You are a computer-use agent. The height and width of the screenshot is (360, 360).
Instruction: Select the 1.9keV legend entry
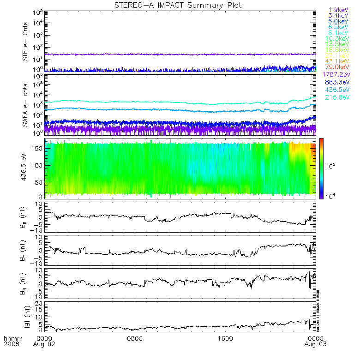[x=338, y=10]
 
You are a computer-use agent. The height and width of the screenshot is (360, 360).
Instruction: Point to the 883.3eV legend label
[x=338, y=82]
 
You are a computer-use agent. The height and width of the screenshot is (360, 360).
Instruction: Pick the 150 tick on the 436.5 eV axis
[x=37, y=148]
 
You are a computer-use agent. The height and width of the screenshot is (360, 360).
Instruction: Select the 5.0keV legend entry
[x=338, y=21]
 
